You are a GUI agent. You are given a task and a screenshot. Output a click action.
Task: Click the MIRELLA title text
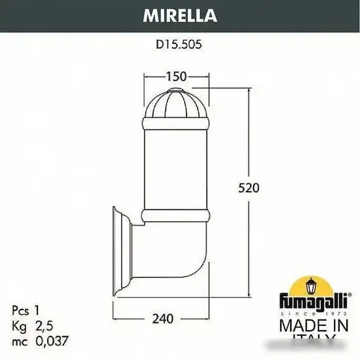(179, 14)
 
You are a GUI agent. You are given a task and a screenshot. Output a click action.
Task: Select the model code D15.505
(179, 46)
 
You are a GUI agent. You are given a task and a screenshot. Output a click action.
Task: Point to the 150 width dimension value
(176, 76)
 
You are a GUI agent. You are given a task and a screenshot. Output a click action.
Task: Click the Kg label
(19, 325)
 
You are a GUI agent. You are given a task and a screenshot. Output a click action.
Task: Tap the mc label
(19, 341)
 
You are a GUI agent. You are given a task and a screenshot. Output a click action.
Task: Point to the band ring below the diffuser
(176, 215)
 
